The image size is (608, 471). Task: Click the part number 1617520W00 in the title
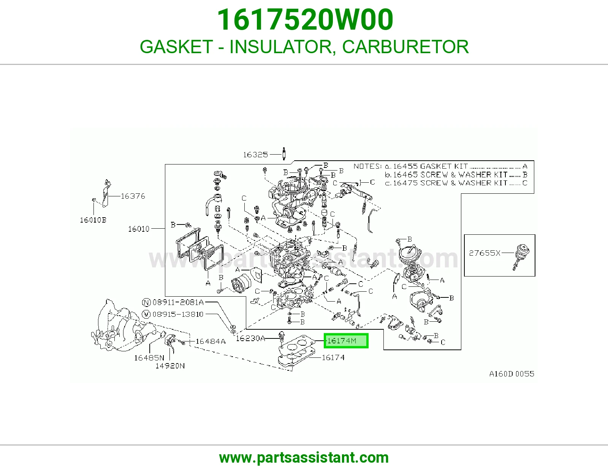305,20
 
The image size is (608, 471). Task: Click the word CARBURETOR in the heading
405,47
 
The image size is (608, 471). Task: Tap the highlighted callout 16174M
346,341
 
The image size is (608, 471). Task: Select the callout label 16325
255,155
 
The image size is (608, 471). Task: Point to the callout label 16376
133,196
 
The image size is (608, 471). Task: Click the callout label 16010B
93,220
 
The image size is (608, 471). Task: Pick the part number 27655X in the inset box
484,253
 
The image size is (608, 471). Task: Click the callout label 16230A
250,338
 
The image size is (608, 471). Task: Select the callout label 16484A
211,341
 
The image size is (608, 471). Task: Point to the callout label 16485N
149,358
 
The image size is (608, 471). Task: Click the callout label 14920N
170,366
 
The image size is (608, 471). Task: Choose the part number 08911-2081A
178,302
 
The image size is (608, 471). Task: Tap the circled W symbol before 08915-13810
146,315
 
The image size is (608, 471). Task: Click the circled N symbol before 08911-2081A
146,302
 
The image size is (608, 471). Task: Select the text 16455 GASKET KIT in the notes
430,166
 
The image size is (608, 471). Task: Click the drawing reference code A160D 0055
512,374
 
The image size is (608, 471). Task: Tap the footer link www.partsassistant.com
304,458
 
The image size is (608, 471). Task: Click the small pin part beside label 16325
284,153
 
